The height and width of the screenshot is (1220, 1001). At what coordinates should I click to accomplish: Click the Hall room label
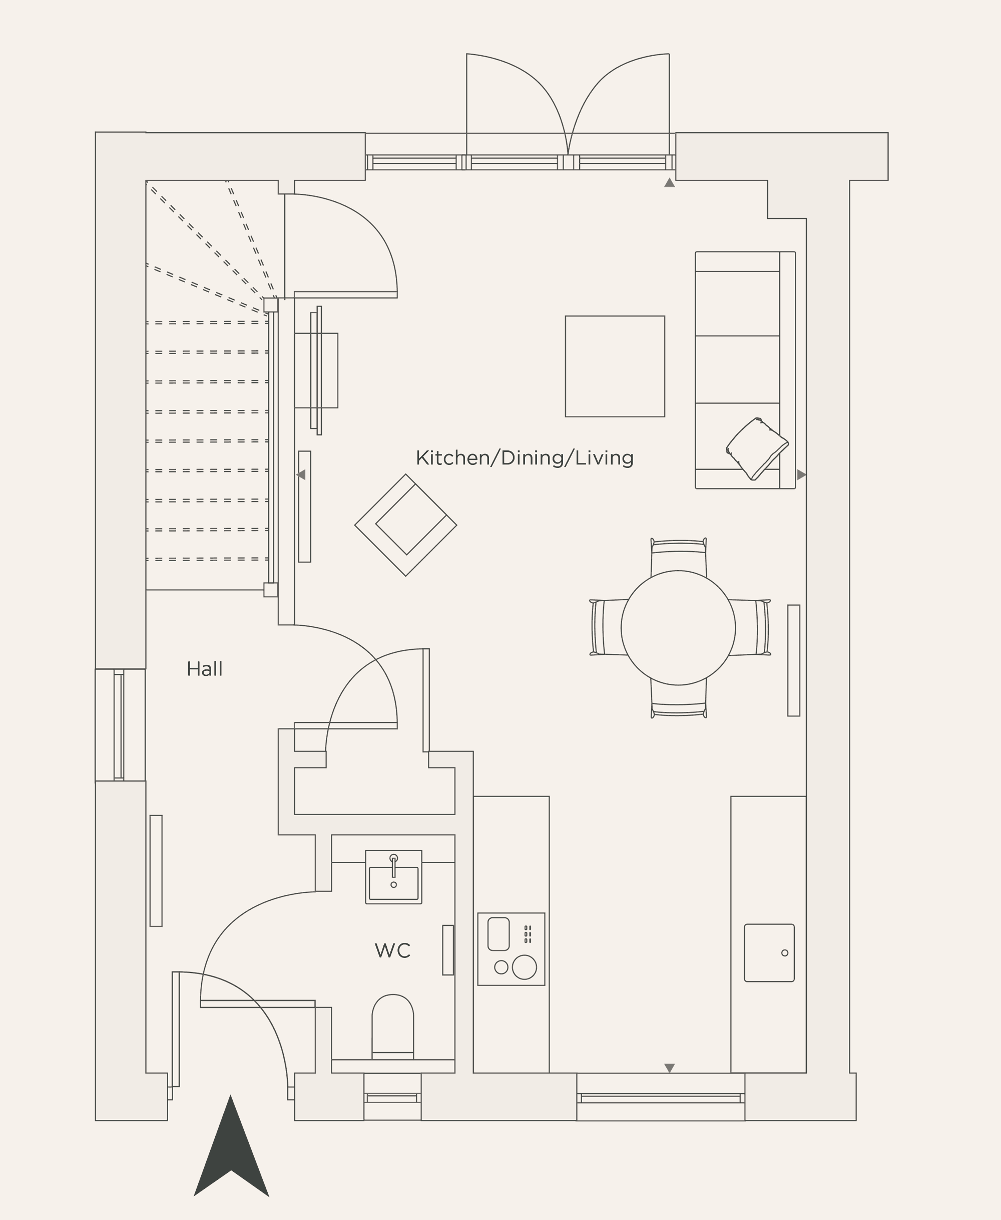(204, 669)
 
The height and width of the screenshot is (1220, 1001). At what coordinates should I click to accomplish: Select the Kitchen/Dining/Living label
(524, 457)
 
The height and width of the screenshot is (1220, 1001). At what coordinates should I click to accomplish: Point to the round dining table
(678, 628)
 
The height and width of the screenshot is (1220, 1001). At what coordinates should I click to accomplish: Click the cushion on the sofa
(757, 449)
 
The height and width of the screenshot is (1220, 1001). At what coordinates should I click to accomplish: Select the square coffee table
(615, 366)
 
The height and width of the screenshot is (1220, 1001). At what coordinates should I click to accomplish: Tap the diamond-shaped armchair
(406, 525)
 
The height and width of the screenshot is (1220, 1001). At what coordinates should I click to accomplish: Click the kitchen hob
(511, 949)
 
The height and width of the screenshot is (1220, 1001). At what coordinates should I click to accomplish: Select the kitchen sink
(769, 953)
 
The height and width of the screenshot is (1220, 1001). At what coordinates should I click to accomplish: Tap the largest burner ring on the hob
(524, 966)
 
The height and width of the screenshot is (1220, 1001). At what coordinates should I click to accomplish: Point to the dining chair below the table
(679, 699)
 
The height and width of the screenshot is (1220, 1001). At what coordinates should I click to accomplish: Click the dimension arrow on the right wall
(801, 474)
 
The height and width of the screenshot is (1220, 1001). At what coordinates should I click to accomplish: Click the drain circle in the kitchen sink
(784, 953)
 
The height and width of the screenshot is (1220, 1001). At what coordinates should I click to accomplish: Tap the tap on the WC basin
(394, 866)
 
